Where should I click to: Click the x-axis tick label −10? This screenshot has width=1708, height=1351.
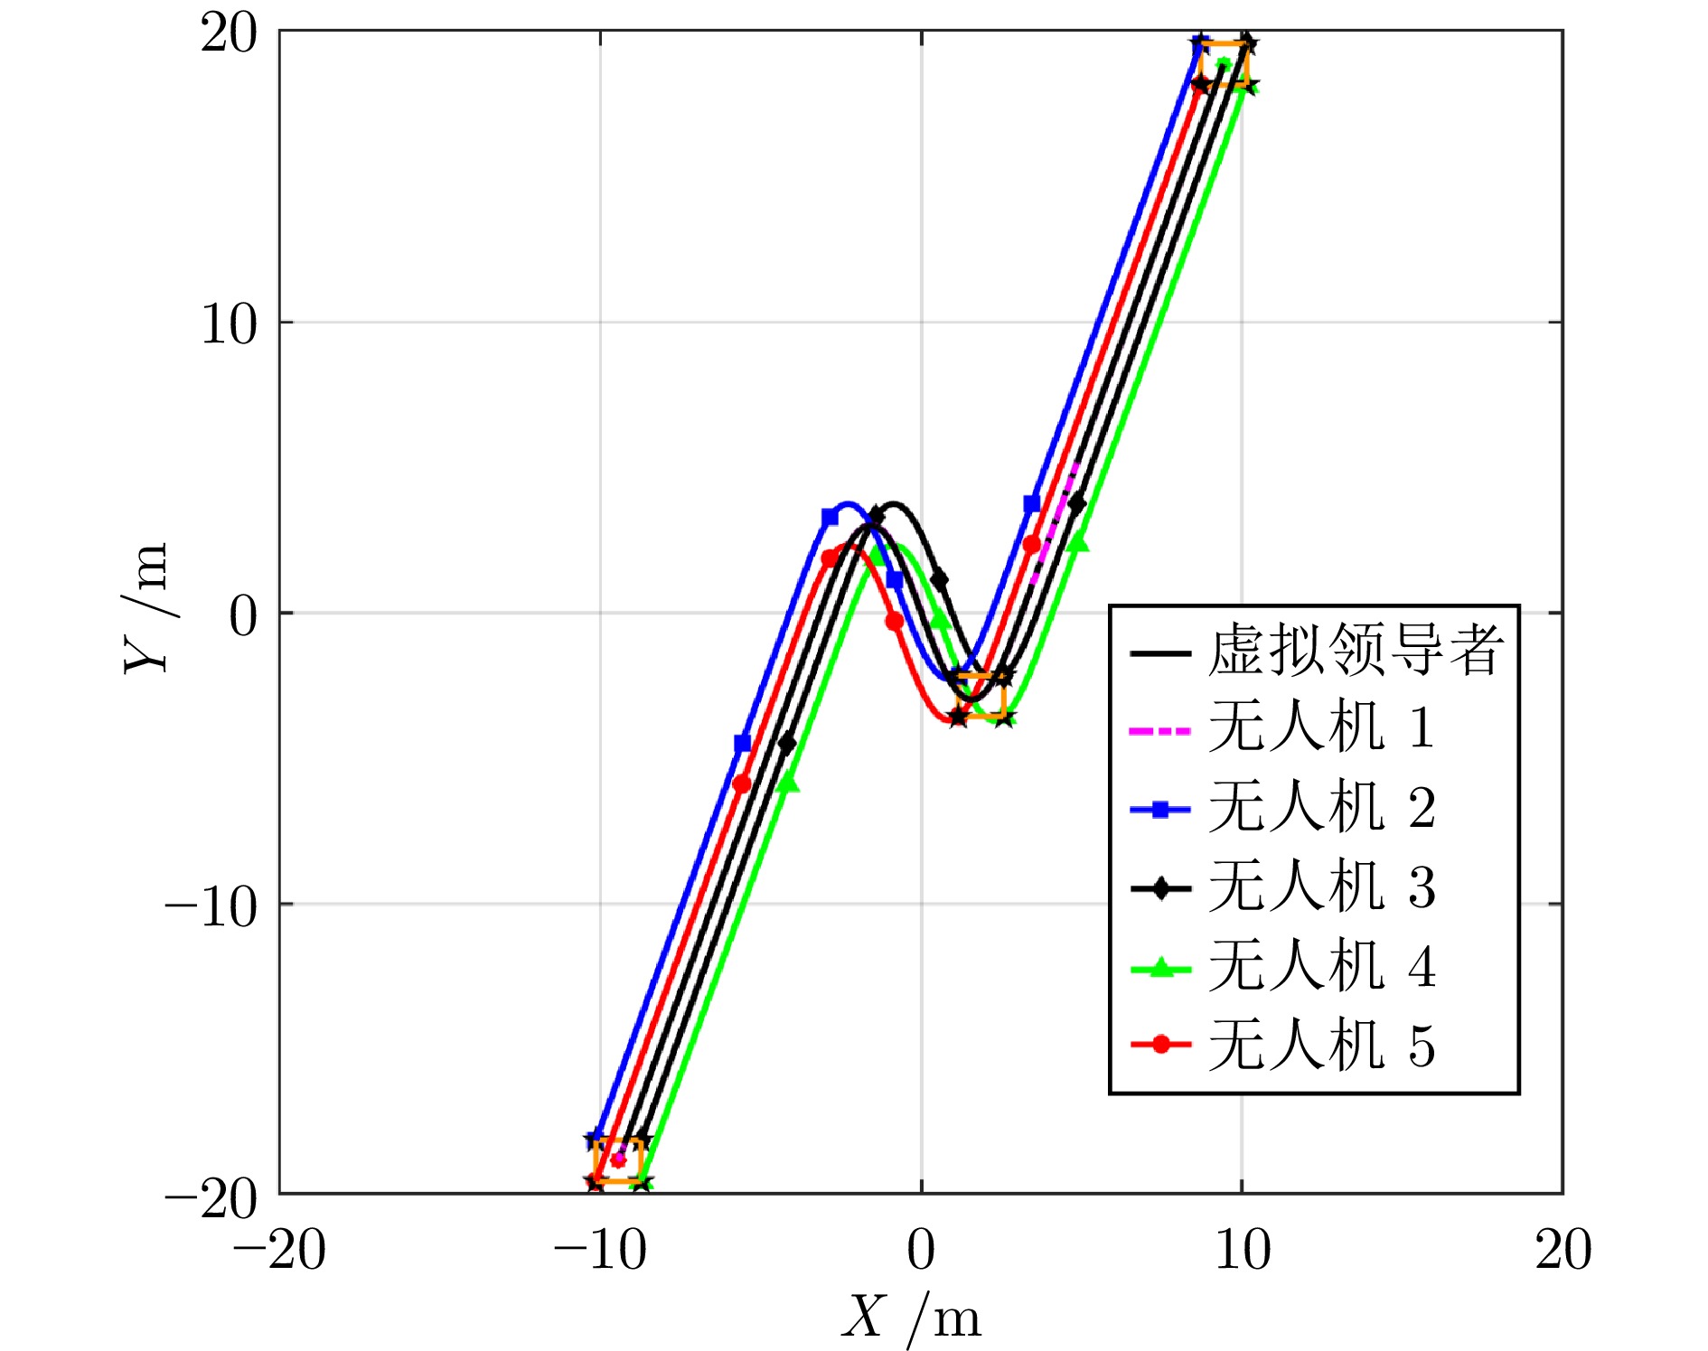click(600, 1252)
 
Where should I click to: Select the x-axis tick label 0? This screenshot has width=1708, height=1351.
click(921, 1252)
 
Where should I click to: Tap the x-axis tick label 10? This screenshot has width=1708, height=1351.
click(1243, 1252)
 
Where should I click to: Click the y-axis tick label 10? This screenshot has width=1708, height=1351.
click(230, 324)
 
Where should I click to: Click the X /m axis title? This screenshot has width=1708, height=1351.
click(911, 1317)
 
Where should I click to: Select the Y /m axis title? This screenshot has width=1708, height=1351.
click(146, 607)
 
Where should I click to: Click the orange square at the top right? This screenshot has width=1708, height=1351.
click(1223, 64)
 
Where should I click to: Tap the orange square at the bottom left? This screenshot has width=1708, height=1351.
click(618, 1160)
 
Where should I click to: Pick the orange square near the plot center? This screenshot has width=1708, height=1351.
click(981, 695)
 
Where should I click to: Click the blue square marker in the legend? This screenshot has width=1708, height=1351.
click(1161, 809)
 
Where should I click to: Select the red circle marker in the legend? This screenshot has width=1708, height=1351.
click(1161, 1046)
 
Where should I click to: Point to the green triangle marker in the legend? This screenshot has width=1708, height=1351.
click(1161, 967)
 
